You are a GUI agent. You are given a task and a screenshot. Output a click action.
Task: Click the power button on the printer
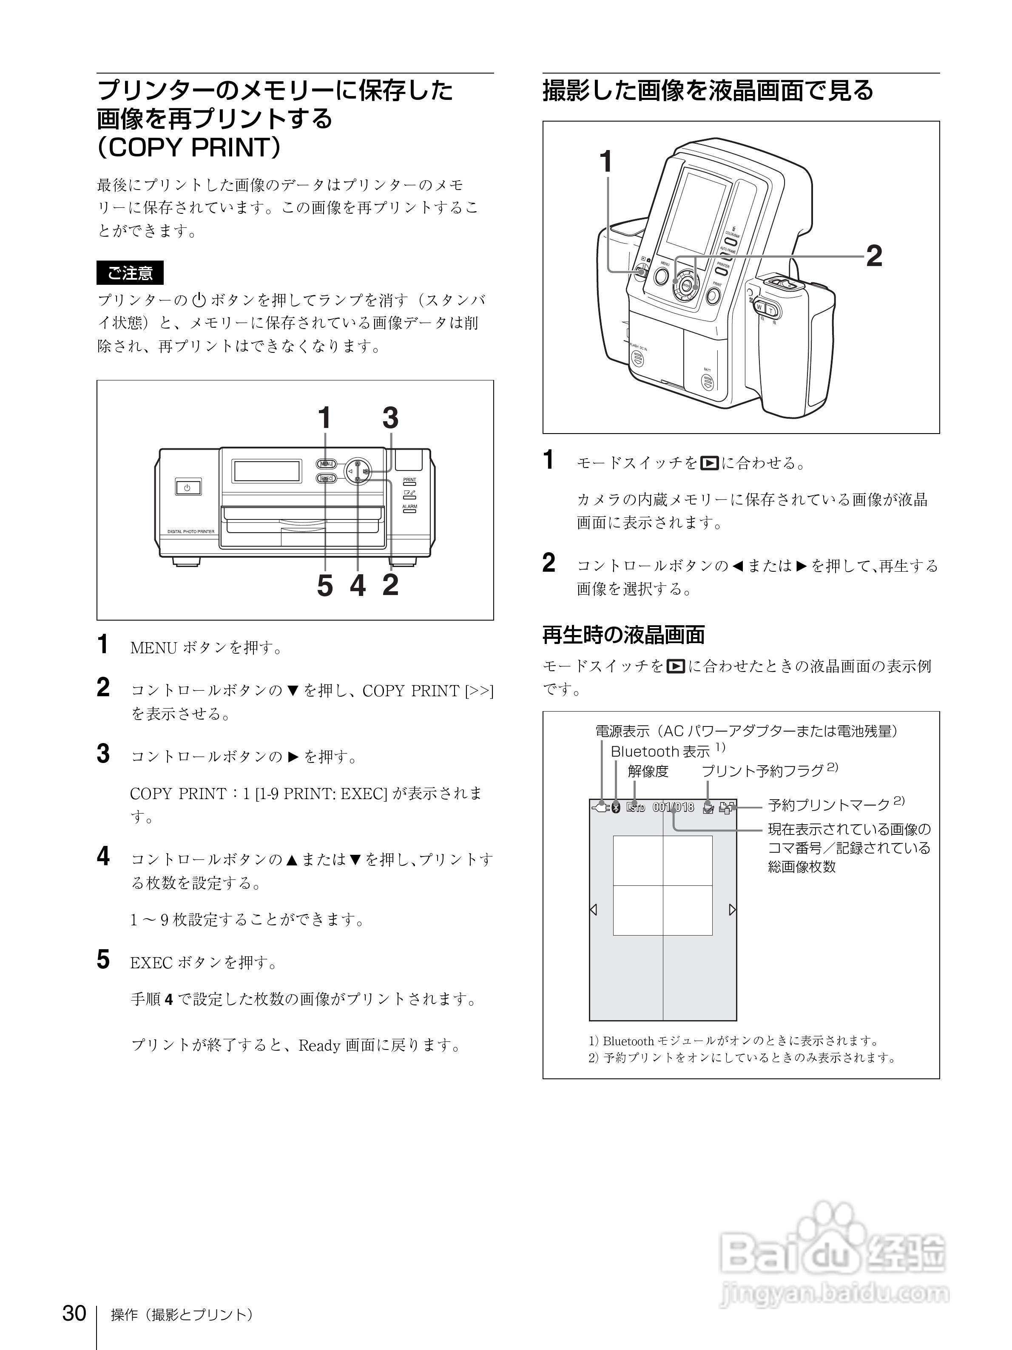tap(188, 488)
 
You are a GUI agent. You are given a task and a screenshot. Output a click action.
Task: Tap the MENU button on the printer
tap(326, 463)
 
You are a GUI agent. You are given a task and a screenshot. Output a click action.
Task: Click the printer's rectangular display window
tap(267, 471)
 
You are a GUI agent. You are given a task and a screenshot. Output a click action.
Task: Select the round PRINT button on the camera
tap(713, 297)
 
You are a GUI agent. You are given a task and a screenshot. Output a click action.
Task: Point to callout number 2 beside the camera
tap(874, 256)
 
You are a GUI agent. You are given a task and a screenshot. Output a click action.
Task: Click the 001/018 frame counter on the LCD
tap(673, 808)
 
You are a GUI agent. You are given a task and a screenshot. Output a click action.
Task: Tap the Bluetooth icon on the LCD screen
tap(616, 808)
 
